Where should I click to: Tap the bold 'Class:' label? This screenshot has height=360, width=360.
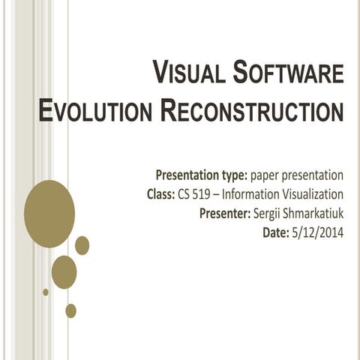pyautogui.click(x=161, y=195)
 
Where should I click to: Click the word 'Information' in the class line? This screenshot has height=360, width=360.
pyautogui.click(x=253, y=195)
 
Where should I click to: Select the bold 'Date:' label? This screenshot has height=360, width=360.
pyautogui.click(x=275, y=233)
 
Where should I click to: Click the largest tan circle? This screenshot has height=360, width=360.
pyautogui.click(x=49, y=214)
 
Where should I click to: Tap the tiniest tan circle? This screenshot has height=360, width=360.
pyautogui.click(x=46, y=292)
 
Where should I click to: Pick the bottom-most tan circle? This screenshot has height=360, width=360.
pyautogui.click(x=70, y=310)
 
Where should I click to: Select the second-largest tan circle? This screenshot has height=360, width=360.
pyautogui.click(x=64, y=271)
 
